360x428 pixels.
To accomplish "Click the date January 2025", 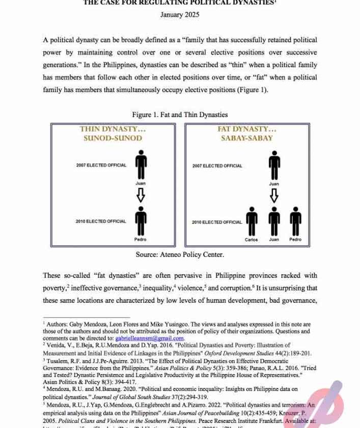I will click(x=180, y=15).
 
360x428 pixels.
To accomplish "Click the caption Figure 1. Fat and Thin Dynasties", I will click(x=180, y=115).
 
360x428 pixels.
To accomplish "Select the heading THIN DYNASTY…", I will click(x=113, y=129).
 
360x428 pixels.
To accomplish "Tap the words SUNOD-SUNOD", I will click(x=113, y=138).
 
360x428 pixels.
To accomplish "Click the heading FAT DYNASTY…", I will click(x=247, y=129).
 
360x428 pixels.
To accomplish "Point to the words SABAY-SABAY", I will click(x=247, y=138).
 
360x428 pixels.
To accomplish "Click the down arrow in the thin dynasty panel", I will click(x=141, y=195).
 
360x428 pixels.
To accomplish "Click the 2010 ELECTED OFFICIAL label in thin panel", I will click(x=101, y=221).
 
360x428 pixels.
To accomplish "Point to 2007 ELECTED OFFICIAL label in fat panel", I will click(x=217, y=166).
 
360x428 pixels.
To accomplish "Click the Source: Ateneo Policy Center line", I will click(x=180, y=254).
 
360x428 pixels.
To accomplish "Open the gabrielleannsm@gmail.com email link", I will click(x=150, y=338).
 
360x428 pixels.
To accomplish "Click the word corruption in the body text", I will click(x=238, y=288).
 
